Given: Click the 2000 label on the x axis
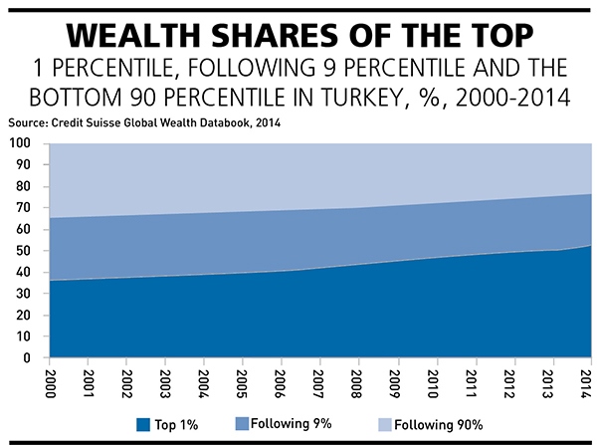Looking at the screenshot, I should pyautogui.click(x=50, y=380).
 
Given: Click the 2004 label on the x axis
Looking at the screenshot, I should pyautogui.click(x=204, y=380).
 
